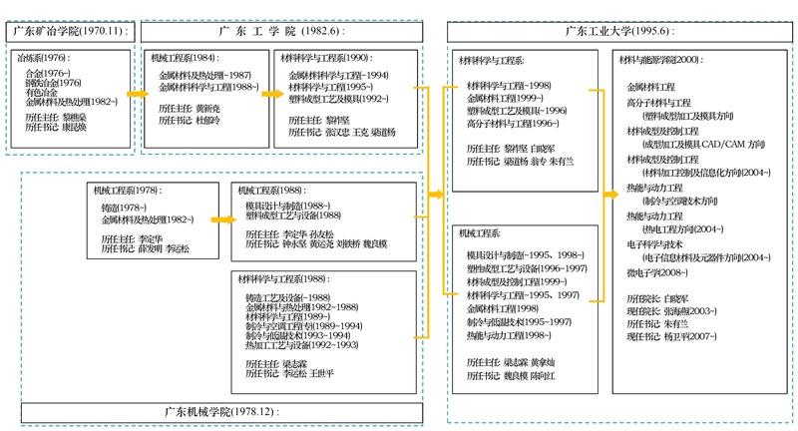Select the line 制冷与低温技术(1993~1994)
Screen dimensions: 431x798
(x=299, y=336)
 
